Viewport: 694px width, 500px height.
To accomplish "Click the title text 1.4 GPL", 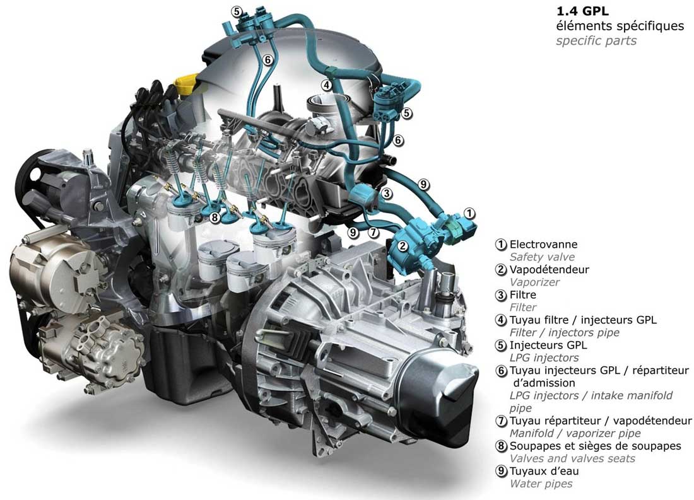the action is [x=582, y=11].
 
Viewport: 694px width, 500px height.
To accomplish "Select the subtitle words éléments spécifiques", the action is [x=620, y=26].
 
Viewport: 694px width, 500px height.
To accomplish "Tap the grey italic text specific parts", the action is [x=596, y=41].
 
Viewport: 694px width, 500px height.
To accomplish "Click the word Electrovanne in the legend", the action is [x=543, y=244].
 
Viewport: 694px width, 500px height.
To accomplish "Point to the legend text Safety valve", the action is [x=542, y=257].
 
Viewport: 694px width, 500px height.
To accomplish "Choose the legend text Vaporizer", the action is [x=534, y=282].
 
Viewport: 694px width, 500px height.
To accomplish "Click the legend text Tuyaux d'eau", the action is [x=544, y=471].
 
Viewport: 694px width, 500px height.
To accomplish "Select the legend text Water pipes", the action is [x=541, y=484].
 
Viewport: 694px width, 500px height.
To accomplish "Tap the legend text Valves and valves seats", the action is [x=572, y=459].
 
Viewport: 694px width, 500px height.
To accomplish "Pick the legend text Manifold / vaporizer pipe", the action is [x=575, y=434].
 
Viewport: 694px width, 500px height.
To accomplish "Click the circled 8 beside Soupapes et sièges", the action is [x=501, y=446].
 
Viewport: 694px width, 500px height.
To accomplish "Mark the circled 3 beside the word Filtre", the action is [x=501, y=294].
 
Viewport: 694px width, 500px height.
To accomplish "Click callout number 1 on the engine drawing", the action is [x=469, y=213].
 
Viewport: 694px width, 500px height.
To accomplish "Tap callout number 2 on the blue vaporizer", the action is [x=403, y=245].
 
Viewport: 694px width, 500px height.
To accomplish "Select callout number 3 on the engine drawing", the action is [x=386, y=194].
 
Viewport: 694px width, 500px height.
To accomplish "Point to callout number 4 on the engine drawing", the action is [x=327, y=85].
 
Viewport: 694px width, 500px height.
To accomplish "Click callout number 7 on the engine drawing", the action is [x=373, y=232].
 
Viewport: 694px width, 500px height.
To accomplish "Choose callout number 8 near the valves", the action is [x=215, y=218].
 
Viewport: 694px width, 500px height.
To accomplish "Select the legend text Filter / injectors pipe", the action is [x=564, y=333].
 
